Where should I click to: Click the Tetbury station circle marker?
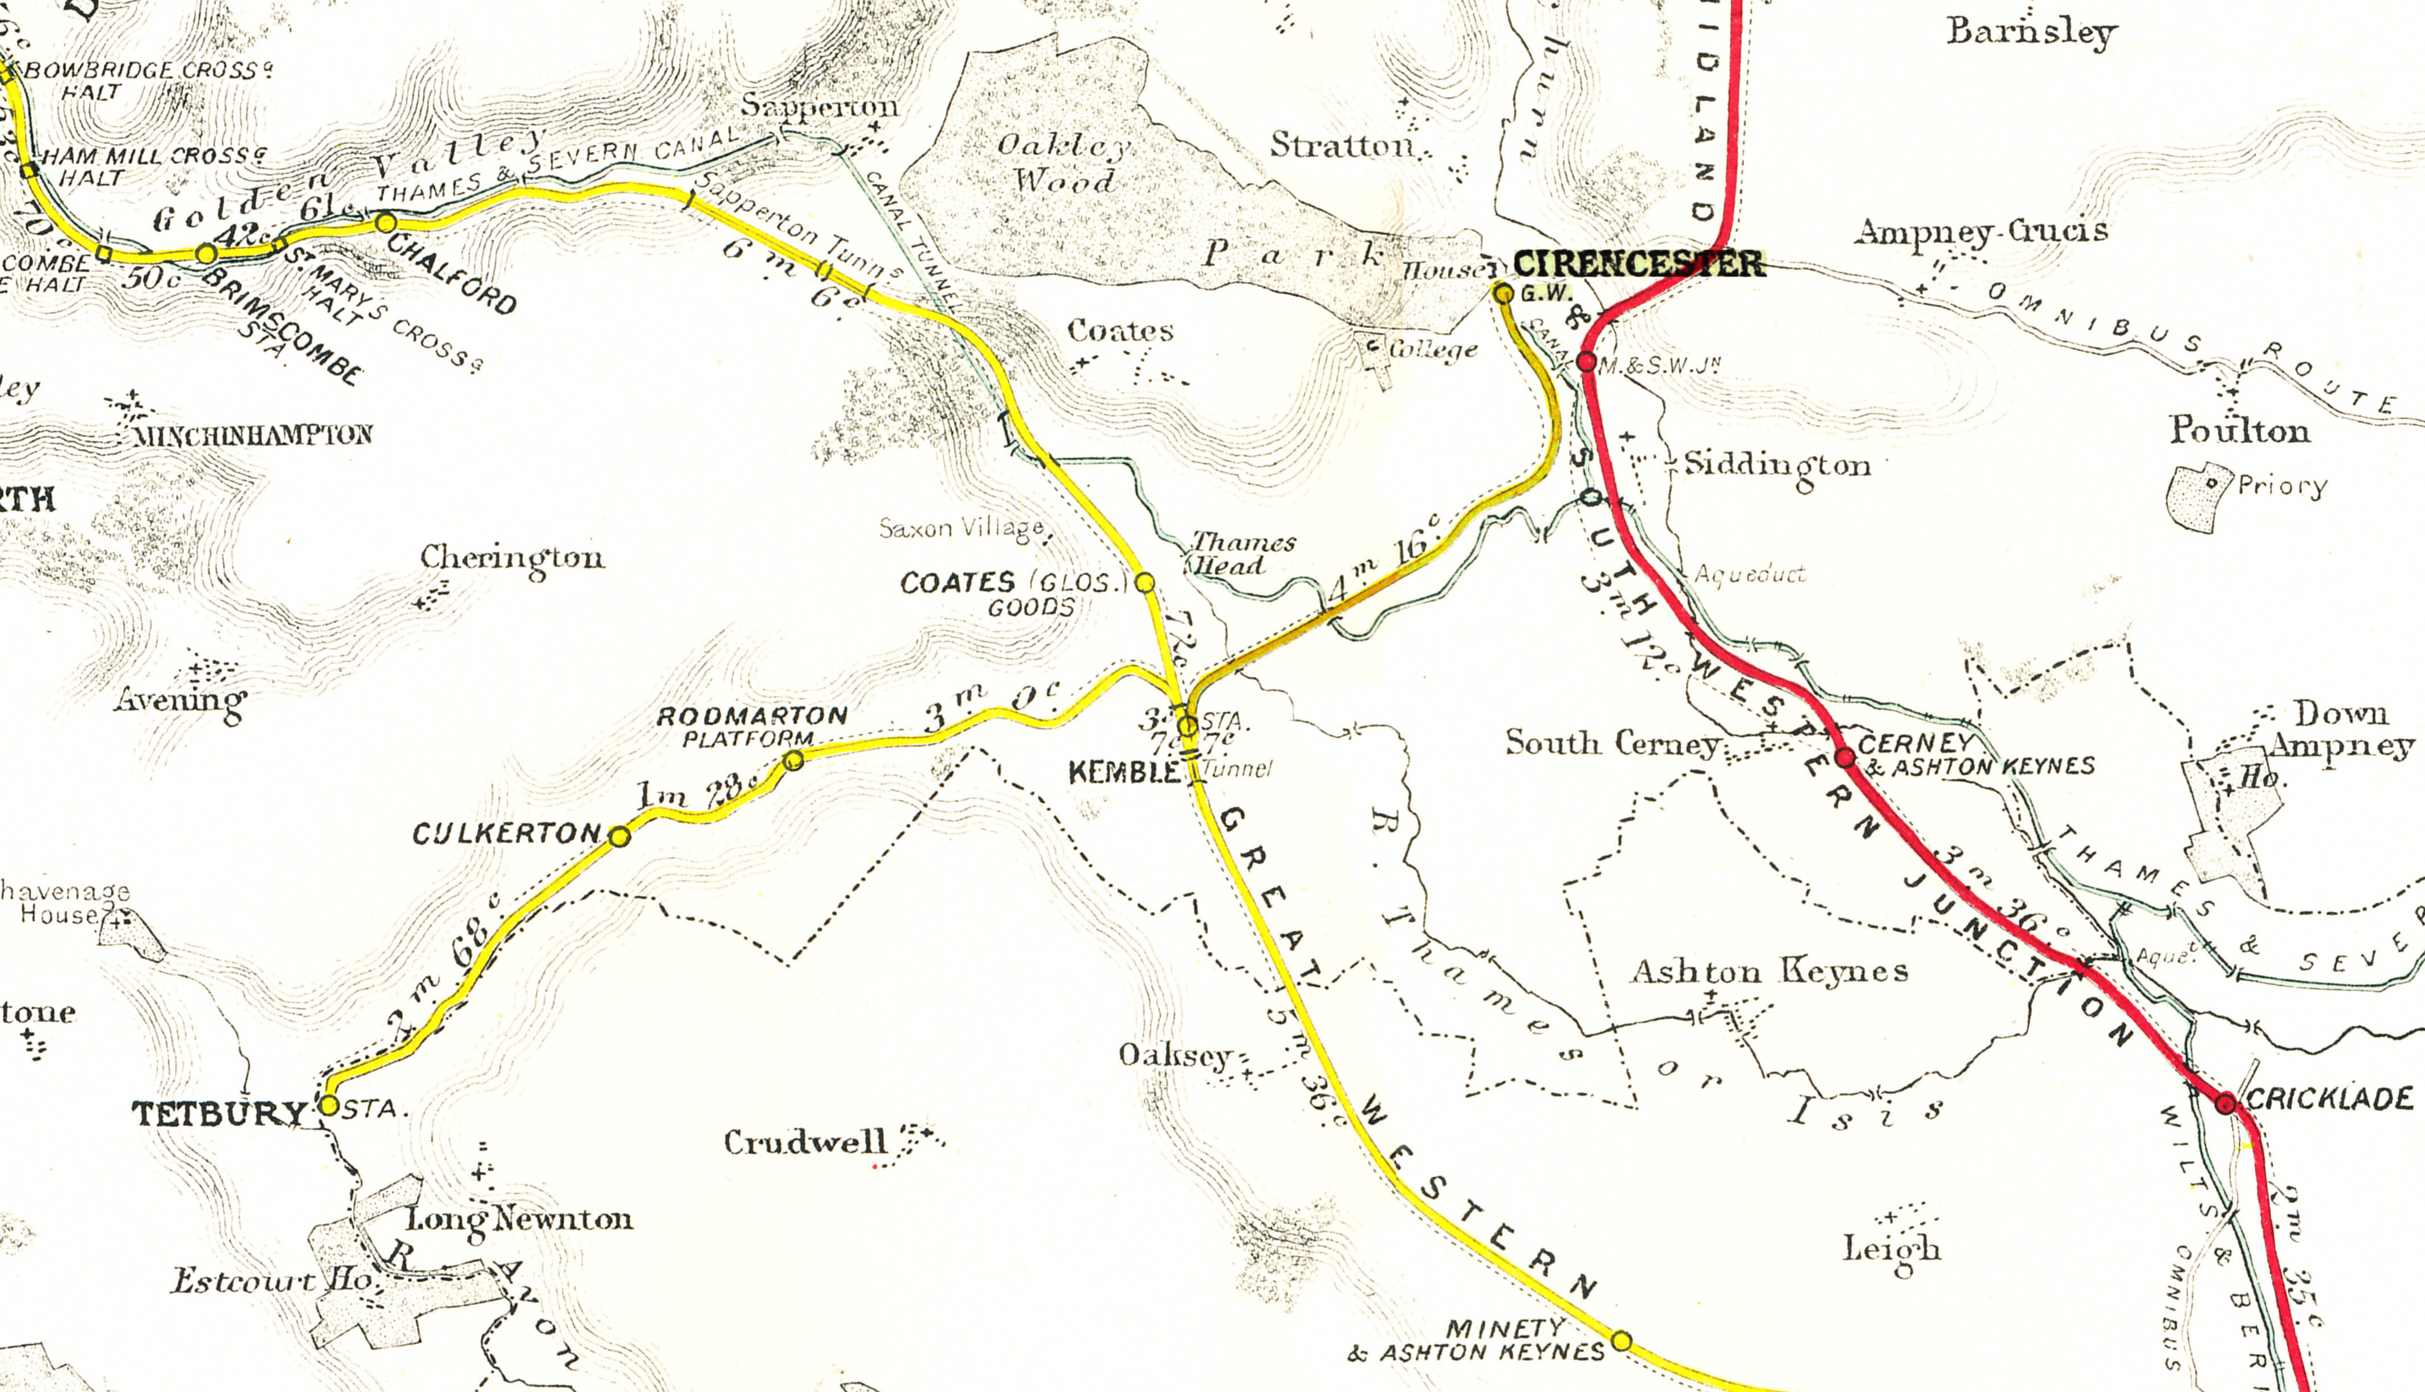coord(328,1105)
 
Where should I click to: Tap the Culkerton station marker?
coord(620,836)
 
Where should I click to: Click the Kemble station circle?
coord(1187,726)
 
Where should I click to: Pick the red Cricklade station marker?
coord(2225,1103)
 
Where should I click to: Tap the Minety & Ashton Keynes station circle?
coord(1621,1340)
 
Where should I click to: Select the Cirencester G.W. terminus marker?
coord(1503,293)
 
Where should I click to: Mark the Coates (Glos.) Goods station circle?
coord(1144,582)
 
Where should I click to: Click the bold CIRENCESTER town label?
coord(1639,263)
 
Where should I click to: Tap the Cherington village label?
coord(512,557)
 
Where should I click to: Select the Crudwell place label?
coord(805,1142)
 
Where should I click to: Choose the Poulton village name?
coord(2239,430)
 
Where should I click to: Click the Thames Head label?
coord(1241,553)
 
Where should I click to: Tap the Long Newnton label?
coord(519,1220)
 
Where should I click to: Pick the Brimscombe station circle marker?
coord(206,254)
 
